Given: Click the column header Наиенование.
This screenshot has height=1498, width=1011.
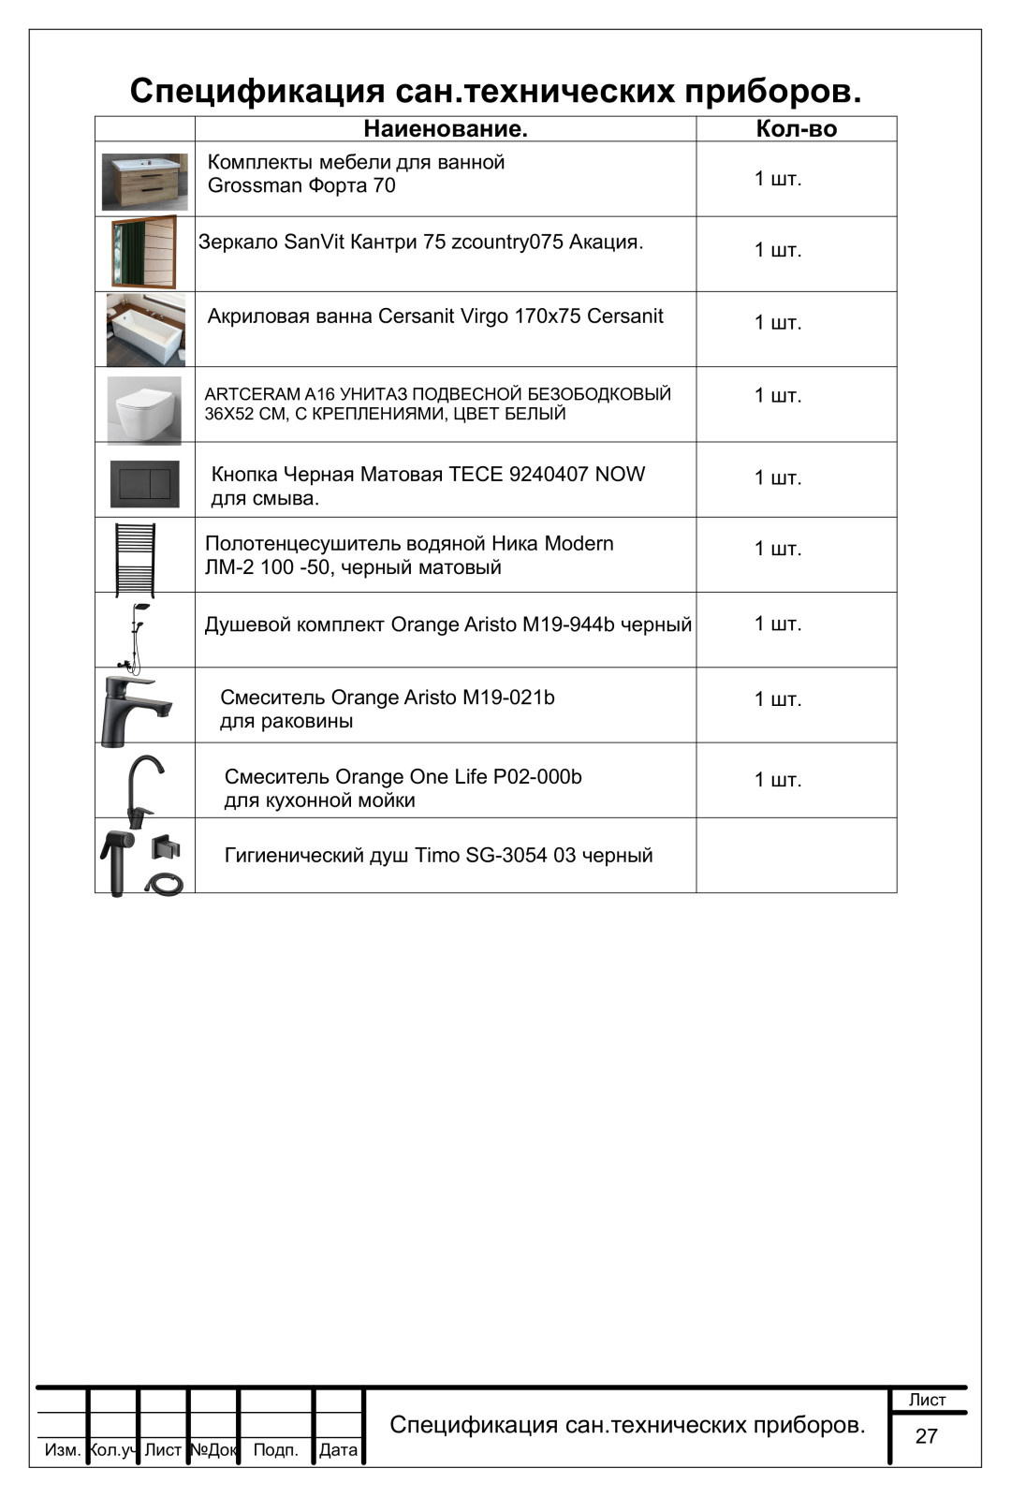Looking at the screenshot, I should click(x=445, y=129).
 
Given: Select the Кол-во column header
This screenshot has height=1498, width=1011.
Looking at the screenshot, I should click(x=796, y=129).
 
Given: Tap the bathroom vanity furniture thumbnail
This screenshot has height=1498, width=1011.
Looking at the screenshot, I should click(x=144, y=181).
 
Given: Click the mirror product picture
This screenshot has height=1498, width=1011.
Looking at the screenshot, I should click(x=144, y=253).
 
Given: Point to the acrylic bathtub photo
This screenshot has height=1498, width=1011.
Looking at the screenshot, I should click(x=145, y=330).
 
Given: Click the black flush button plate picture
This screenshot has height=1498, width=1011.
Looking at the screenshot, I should click(x=144, y=483).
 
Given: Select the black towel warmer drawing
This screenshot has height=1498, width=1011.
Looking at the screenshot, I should click(x=136, y=559).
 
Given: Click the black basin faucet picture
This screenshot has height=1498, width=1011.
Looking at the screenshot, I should click(x=136, y=710).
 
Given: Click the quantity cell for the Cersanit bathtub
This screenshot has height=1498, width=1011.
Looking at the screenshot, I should click(x=778, y=323).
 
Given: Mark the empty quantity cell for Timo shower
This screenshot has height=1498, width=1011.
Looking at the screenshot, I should click(x=796, y=855).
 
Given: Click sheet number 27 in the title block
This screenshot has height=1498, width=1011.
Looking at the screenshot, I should click(x=926, y=1435).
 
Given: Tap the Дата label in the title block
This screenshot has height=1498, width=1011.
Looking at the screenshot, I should click(x=338, y=1449).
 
